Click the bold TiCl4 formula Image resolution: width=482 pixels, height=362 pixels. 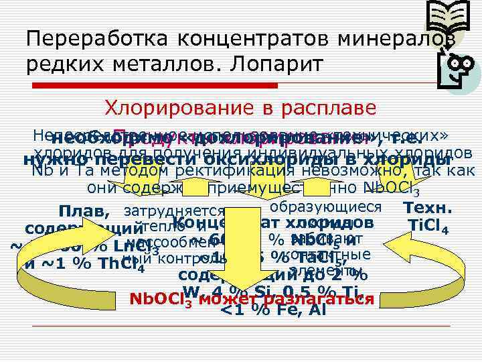click(x=428, y=225)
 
